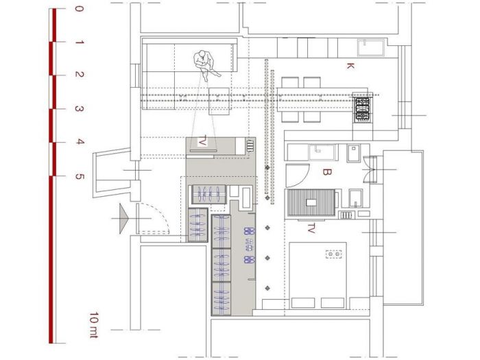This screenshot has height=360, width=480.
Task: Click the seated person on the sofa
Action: tap(204, 62)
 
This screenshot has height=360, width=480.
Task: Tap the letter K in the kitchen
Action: tap(350, 66)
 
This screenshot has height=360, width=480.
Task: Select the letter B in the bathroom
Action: tap(328, 172)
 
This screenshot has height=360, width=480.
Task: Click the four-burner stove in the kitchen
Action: tap(363, 110)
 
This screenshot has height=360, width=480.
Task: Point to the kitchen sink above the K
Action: tap(371, 49)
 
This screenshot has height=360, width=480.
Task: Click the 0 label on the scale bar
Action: tap(79, 10)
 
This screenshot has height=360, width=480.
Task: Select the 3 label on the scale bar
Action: tap(79, 108)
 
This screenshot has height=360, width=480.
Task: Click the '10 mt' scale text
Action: tap(93, 322)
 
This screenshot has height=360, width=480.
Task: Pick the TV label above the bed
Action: tap(311, 226)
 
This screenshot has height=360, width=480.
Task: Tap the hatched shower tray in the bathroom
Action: tap(312, 203)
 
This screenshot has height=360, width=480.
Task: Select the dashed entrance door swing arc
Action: tap(149, 215)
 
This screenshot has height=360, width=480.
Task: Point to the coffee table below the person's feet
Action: tap(218, 102)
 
